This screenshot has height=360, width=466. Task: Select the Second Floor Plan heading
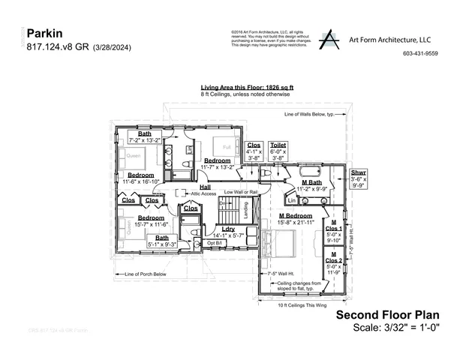pyautogui.click(x=387, y=315)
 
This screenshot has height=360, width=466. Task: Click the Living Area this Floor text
pyautogui.click(x=246, y=88)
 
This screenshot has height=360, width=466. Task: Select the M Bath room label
pyautogui.click(x=311, y=183)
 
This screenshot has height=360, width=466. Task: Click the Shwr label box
pyautogui.click(x=359, y=176)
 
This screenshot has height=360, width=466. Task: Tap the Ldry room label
pyautogui.click(x=228, y=229)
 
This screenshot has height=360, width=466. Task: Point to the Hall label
pyautogui.click(x=204, y=187)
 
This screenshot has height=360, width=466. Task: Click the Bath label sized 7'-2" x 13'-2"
pyautogui.click(x=144, y=134)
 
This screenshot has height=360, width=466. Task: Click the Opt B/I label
pyautogui.click(x=215, y=243)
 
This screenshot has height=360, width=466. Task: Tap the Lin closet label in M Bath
pyautogui.click(x=292, y=200)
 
